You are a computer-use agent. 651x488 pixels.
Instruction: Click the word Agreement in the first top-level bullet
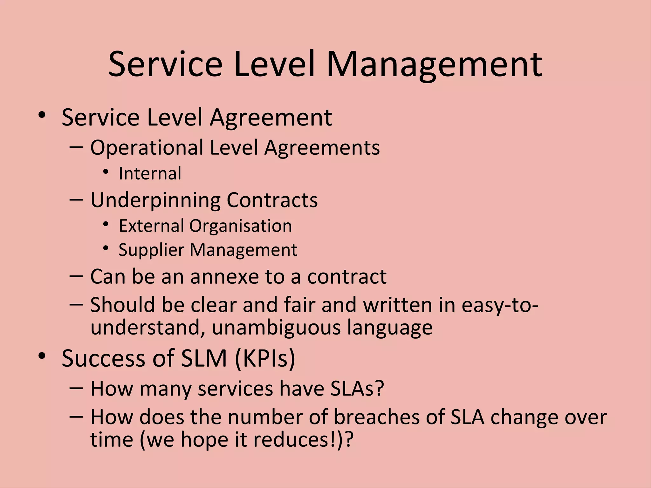point(271,118)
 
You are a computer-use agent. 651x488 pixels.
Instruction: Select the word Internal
point(150,173)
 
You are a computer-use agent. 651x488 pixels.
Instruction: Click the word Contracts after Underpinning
point(272,200)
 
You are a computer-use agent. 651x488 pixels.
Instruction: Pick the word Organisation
point(241,226)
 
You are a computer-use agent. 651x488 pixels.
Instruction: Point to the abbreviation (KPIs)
point(265,358)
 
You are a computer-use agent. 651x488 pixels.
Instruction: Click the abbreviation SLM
point(204,358)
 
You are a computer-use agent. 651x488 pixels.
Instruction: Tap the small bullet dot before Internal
point(106,172)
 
